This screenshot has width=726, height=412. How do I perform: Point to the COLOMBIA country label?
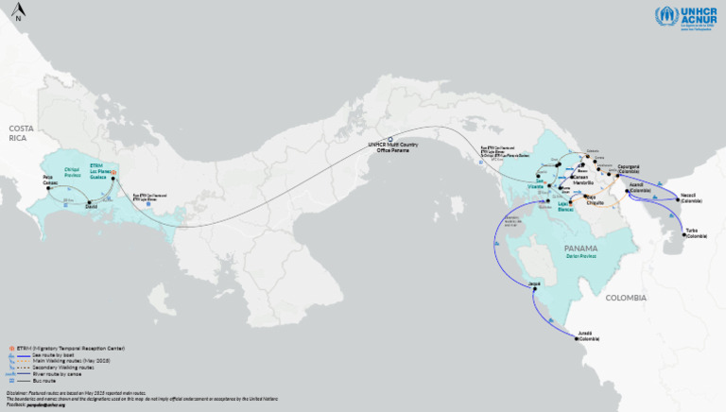coord(626,298)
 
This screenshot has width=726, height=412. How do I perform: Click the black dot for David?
coord(87,201)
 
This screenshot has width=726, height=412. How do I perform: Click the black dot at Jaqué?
coord(535,289)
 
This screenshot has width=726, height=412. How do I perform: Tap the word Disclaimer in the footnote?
coord(19,391)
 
